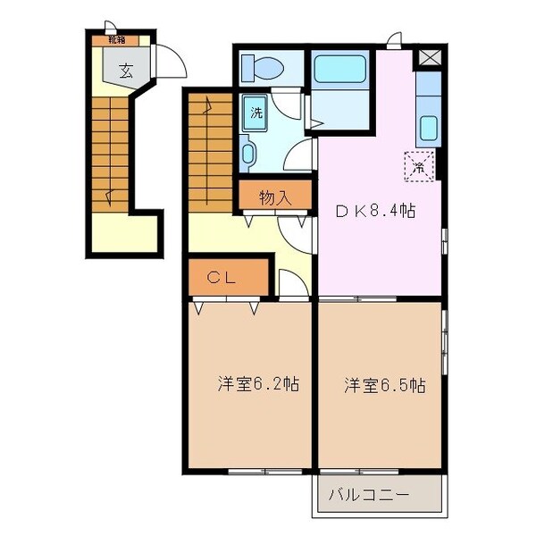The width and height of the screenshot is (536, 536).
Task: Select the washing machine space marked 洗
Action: (256, 113)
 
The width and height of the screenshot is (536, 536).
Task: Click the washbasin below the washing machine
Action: (249, 154)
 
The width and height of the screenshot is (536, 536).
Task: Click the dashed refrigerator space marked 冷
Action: (418, 165)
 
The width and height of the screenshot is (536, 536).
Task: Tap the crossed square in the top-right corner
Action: (430, 56)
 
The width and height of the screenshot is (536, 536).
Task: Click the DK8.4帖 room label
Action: (374, 212)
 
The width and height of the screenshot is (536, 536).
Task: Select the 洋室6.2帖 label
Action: (258, 385)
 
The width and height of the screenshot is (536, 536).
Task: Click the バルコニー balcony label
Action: (368, 494)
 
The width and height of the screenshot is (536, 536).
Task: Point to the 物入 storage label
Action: (275, 197)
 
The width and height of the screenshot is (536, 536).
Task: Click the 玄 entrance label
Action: (126, 71)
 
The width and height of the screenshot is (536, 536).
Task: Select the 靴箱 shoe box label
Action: (116, 38)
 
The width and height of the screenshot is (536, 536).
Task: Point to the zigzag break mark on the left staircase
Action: (109, 192)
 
